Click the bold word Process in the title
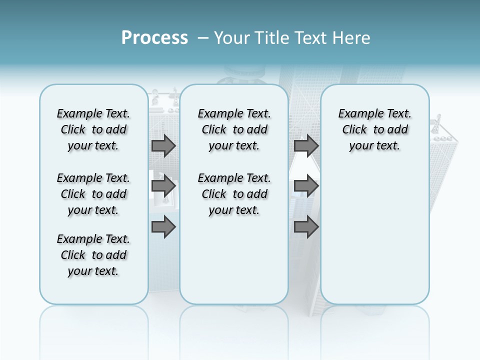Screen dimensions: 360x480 coord(154,38)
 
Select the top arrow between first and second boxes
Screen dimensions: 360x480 coord(163,145)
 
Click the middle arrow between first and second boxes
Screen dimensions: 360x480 coord(163,186)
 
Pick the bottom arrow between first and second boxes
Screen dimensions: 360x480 coord(163,227)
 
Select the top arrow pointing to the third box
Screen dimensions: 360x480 coord(305,145)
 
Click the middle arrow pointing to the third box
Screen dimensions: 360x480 coord(305,186)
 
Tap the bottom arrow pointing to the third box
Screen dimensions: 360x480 coord(305,227)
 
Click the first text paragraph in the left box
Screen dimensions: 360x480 coord(93,129)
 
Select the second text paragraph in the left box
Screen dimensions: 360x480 coord(93,194)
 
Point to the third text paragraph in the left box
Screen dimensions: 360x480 coord(93,255)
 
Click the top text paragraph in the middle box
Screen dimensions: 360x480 coord(234,129)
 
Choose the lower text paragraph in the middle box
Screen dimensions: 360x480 coord(234,194)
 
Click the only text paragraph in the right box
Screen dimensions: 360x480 coord(374,129)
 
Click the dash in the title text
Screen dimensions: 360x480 coord(203,38)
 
